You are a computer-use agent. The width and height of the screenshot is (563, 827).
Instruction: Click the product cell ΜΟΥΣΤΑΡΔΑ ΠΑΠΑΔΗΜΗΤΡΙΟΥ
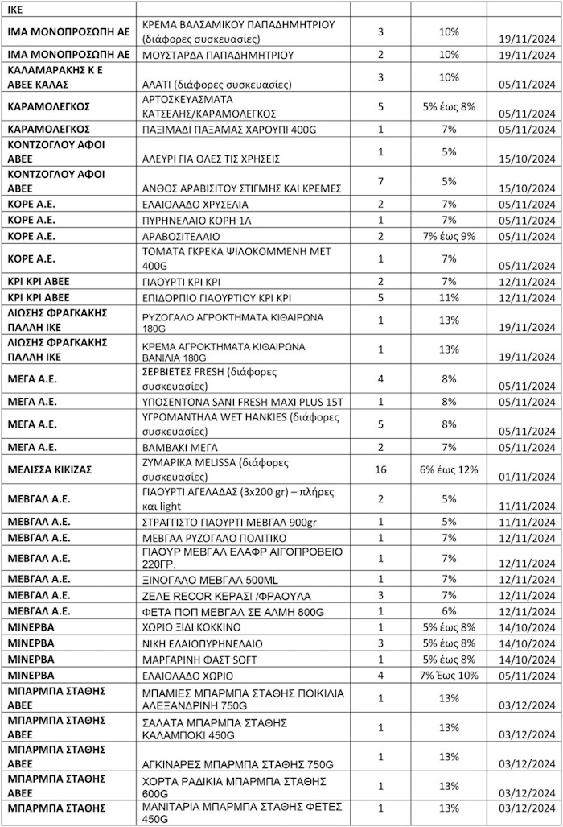coord(217,55)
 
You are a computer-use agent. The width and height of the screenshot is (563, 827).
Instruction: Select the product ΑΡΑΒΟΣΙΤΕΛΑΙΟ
coord(180,237)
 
